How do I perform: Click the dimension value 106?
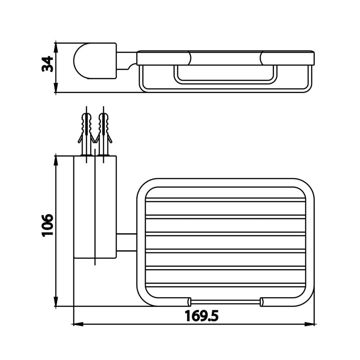(48, 225)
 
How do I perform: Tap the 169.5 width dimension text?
(201, 316)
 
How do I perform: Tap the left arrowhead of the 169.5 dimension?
(78, 324)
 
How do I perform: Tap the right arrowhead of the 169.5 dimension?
(310, 324)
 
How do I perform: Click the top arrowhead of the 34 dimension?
(56, 48)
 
